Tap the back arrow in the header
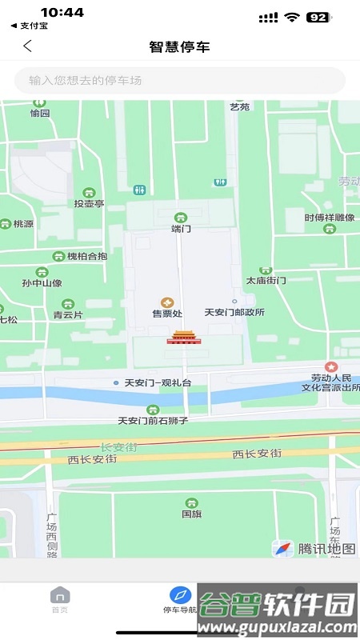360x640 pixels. (27, 46)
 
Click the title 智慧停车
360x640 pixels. (180, 46)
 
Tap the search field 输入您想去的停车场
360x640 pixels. (180, 80)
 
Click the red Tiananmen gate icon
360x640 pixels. (181, 337)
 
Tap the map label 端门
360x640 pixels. (182, 228)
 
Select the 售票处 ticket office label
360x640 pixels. (167, 313)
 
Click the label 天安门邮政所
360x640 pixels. (234, 313)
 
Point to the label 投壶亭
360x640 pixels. (89, 203)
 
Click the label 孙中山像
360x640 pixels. (42, 282)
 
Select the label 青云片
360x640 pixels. (68, 314)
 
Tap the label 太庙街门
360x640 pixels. (266, 281)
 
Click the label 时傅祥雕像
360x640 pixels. (329, 218)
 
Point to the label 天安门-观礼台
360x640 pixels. (158, 383)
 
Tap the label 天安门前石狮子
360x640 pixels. (152, 420)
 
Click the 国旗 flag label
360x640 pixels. (191, 514)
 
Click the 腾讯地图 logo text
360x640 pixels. (326, 549)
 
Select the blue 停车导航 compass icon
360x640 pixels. (180, 595)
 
